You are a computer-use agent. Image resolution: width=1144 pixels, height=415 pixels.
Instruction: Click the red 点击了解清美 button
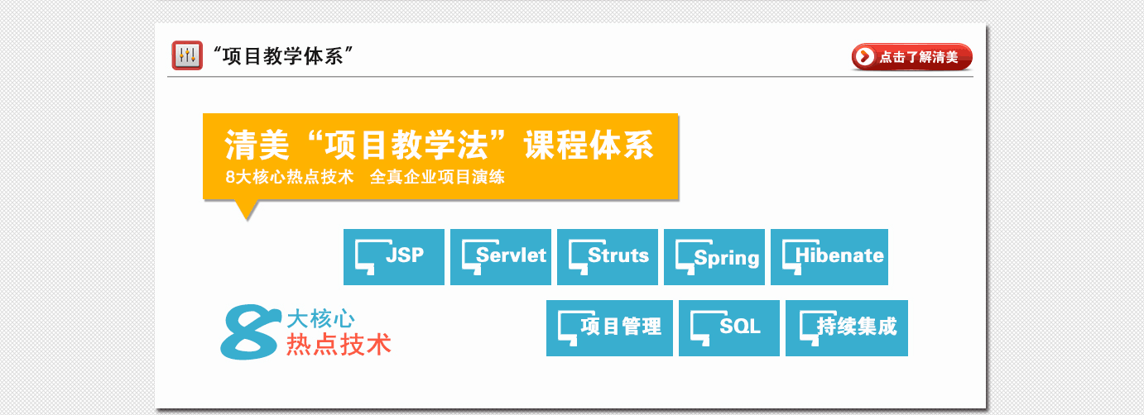(911, 57)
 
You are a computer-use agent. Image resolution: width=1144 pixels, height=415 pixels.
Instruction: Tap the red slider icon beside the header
(187, 56)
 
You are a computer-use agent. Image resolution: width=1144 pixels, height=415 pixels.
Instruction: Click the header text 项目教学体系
(284, 57)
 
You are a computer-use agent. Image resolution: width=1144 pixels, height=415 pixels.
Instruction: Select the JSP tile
(394, 256)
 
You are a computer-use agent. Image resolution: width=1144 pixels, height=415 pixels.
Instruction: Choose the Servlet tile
(501, 256)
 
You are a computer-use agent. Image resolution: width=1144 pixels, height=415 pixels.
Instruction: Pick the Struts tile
(608, 256)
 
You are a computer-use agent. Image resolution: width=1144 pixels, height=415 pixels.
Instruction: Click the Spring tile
(714, 256)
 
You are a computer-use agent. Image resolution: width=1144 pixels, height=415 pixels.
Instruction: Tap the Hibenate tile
(829, 256)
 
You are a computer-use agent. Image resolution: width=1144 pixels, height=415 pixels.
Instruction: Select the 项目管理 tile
(609, 327)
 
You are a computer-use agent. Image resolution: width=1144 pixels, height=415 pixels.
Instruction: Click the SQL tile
(729, 327)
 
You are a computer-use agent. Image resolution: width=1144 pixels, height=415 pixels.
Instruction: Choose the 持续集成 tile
(847, 327)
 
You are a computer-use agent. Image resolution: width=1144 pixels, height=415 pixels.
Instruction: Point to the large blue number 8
(248, 332)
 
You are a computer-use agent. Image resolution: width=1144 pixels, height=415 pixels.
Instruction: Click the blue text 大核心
(320, 318)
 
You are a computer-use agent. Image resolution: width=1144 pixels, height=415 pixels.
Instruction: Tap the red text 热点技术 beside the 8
(339, 345)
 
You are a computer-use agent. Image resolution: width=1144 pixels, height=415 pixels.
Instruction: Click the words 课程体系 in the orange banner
(589, 146)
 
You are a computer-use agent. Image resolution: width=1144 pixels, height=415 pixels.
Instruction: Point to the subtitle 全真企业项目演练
(437, 177)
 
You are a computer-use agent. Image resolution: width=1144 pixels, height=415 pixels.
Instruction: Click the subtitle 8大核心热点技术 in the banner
(289, 177)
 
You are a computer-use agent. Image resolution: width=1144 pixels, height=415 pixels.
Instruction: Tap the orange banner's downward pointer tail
(245, 210)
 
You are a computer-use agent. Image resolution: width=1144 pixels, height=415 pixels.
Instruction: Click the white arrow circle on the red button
(865, 57)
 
